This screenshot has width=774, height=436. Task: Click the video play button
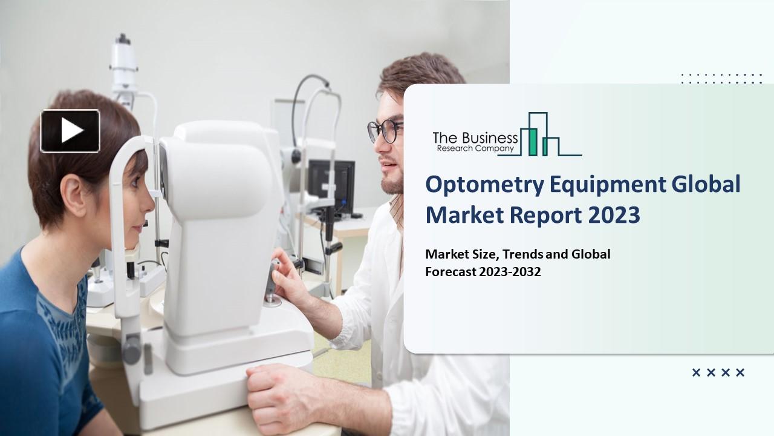(70, 131)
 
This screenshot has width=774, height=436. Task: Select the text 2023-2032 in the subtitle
(510, 272)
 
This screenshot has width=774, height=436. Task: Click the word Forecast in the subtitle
(450, 272)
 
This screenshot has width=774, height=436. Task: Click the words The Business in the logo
(475, 137)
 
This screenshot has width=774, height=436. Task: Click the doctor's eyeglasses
(385, 130)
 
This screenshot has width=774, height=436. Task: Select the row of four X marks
(718, 373)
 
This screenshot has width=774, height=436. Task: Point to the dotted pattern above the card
(721, 78)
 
